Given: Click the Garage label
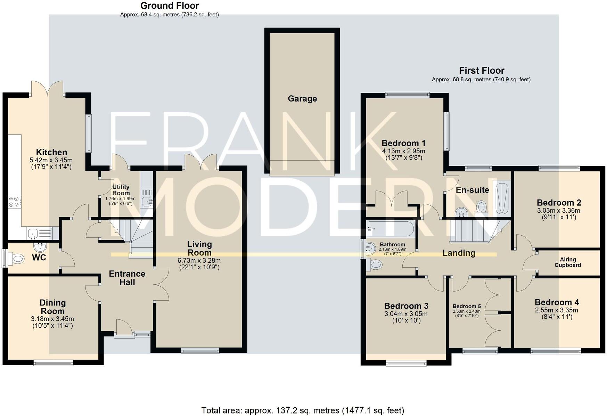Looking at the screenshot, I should [x=302, y=99].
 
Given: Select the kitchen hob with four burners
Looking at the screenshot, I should [x=15, y=202].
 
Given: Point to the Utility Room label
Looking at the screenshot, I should [x=121, y=190].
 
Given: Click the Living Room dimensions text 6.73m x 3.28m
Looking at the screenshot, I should [x=199, y=260].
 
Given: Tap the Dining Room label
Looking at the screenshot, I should [x=52, y=307].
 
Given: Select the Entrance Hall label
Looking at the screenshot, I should [x=127, y=278].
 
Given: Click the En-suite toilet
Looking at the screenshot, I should [x=481, y=207].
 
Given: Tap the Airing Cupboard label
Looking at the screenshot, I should [x=568, y=262].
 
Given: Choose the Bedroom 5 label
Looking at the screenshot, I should [x=467, y=306].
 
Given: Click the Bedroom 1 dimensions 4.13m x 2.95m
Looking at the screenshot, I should [x=403, y=151].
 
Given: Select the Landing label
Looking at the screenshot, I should [x=459, y=253].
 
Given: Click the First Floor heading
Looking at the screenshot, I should [x=481, y=71].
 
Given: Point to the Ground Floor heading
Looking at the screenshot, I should [x=170, y=6].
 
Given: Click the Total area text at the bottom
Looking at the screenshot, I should [x=303, y=410].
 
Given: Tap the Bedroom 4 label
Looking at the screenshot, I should [x=557, y=302].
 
